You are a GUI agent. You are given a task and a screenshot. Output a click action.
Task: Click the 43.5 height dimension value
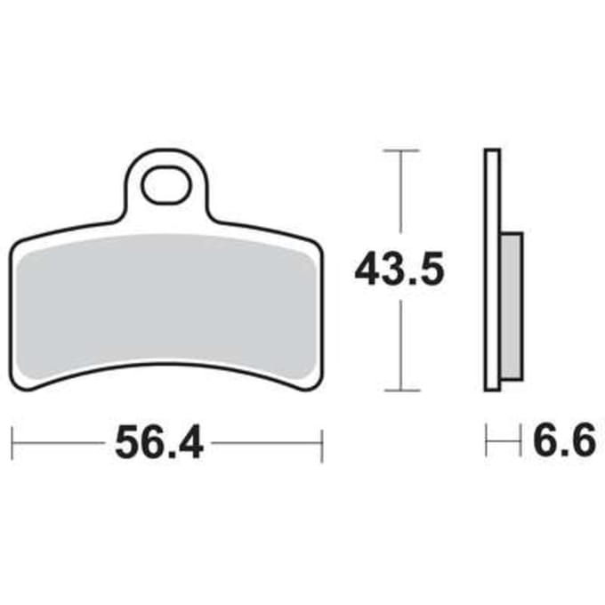point(399,268)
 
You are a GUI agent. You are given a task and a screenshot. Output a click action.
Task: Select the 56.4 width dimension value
point(159,442)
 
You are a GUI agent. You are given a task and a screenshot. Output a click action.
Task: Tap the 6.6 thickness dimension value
point(564,440)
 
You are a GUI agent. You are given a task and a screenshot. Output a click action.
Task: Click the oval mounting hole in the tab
point(165,185)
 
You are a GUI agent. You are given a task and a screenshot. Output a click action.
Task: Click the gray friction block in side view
point(512,306)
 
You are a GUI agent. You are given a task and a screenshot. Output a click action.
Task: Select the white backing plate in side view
point(492,270)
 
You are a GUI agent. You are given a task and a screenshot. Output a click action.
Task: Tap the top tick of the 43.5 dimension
point(401,150)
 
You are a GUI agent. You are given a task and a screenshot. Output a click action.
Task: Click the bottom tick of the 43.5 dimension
point(401,390)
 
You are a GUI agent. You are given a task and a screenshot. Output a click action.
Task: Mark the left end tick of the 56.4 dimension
point(12,443)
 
